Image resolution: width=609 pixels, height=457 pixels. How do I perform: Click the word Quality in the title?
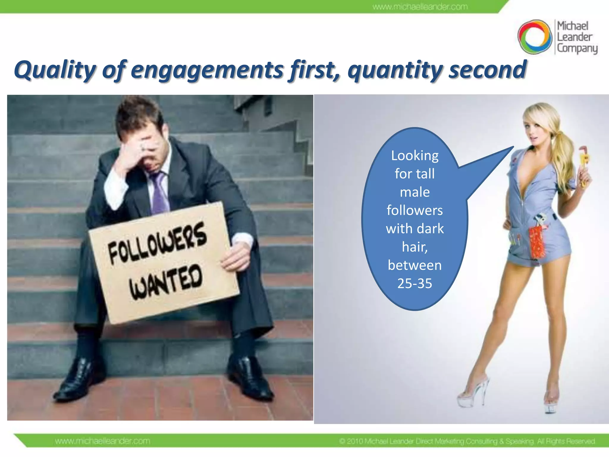55,70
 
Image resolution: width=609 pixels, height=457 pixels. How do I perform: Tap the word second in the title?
488,70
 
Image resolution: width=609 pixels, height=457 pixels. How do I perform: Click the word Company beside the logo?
577,48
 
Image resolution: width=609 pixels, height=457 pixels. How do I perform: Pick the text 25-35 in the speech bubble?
415,283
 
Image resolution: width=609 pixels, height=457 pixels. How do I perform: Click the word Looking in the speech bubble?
415,156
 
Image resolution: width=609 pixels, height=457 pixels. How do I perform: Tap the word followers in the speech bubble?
415,210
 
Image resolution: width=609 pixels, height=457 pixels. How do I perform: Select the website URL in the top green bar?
420,7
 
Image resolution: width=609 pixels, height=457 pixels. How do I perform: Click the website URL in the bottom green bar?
103,441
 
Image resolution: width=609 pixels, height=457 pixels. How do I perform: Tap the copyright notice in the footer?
467,441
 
